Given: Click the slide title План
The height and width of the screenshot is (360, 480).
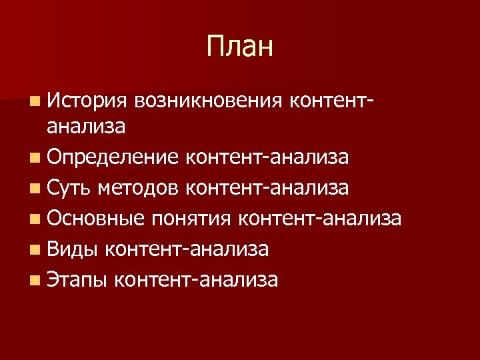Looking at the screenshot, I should [240, 47].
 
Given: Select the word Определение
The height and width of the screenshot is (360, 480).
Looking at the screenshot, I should [113, 157].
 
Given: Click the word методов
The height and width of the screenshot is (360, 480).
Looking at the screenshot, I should [137, 188].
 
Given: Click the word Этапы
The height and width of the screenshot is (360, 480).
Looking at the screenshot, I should [77, 280].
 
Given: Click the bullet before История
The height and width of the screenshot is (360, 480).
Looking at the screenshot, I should [34, 101].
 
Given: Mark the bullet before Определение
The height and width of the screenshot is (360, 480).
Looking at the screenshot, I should [34, 158].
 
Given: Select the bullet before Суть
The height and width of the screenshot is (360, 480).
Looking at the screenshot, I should [34, 189].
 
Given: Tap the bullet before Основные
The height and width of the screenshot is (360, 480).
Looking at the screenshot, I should [34, 219].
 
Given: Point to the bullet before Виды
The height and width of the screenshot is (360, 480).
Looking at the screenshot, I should [34, 250].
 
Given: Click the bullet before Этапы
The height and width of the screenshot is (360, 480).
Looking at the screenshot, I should [34, 281].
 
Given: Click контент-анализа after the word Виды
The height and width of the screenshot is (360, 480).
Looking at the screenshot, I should [187, 249].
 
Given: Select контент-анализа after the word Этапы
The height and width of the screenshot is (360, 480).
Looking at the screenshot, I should [196, 280].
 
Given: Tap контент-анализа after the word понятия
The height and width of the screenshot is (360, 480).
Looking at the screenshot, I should [319, 219].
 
